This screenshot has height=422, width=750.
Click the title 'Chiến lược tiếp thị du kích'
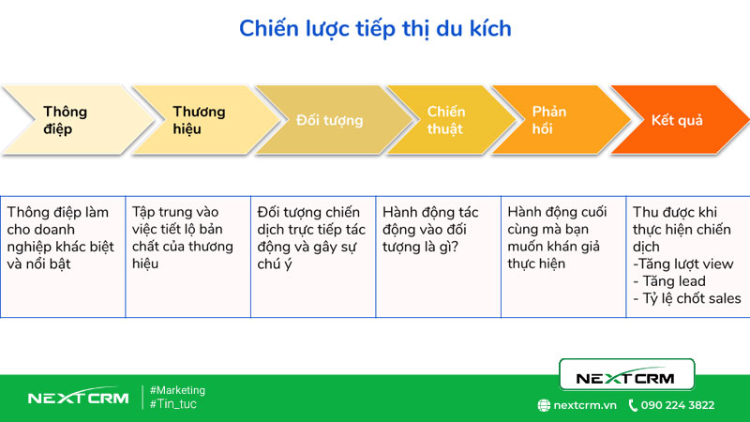pos(375,28)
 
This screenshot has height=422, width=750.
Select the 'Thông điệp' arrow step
pos(64,120)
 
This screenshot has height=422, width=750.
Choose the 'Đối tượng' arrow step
pos(324,120)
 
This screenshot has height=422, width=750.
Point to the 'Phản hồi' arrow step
pos(548,120)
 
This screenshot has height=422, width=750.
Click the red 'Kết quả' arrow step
pos(677,120)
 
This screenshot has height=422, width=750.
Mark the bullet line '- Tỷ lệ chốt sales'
pos(687,298)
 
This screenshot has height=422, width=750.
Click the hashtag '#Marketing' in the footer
pos(177,390)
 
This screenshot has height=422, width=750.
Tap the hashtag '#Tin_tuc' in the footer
pos(172,404)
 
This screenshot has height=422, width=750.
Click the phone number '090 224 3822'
pos(678,405)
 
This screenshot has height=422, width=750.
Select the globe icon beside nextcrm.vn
pos(544,405)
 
